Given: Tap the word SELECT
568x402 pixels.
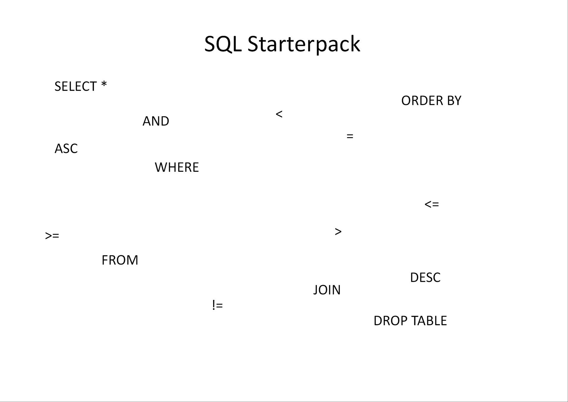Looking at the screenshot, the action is [x=76, y=87].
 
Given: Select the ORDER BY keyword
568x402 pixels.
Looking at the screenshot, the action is [x=431, y=101].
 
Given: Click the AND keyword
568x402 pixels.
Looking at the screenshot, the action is [x=156, y=121].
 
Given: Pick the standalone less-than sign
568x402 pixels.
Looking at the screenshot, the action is [x=279, y=114].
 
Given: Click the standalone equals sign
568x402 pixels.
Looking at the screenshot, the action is [x=350, y=136].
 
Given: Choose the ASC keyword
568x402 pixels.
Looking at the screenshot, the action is [x=66, y=149].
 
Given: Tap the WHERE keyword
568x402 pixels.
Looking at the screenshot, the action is [x=177, y=167].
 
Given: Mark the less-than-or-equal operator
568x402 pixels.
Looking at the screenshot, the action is [x=432, y=204].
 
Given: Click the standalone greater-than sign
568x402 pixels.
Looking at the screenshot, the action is [x=338, y=231].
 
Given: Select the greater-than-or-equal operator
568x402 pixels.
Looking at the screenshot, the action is [x=52, y=236].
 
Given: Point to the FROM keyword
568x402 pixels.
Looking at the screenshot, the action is [x=120, y=260].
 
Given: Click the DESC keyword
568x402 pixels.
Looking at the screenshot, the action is [x=425, y=278].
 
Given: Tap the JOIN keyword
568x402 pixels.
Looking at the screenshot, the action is [x=327, y=290].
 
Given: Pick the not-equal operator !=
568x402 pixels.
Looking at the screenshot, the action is [x=217, y=305].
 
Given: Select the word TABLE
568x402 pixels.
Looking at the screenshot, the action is [x=429, y=321].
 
